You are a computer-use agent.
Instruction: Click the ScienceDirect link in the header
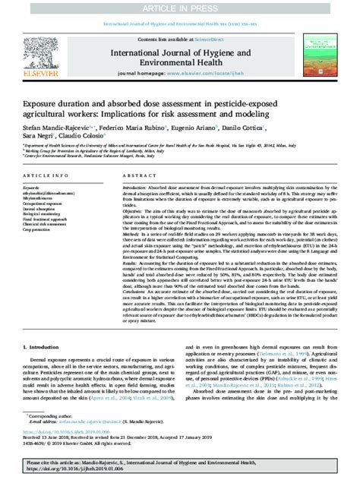pos(213,38)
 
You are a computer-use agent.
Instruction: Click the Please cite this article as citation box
pos(179,466)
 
